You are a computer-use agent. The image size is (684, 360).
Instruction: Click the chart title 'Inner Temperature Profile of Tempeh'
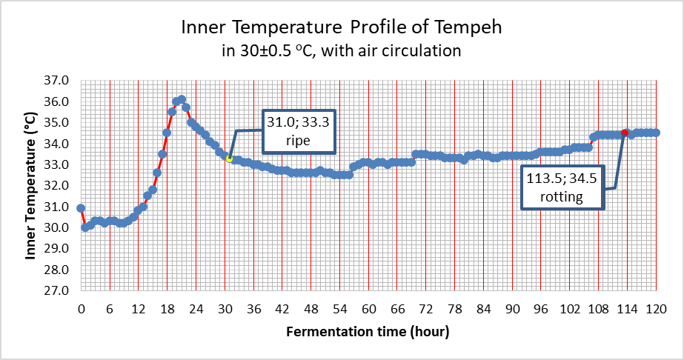pyautogui.click(x=342, y=28)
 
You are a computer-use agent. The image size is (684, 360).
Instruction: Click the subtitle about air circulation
pyautogui.click(x=342, y=50)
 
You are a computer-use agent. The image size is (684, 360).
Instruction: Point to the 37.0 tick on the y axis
pyautogui.click(x=58, y=80)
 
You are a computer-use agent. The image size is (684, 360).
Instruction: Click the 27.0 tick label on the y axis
pyautogui.click(x=58, y=290)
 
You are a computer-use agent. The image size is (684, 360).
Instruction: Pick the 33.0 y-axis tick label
pyautogui.click(x=58, y=164)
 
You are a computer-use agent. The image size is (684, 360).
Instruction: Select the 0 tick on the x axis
pyautogui.click(x=81, y=308)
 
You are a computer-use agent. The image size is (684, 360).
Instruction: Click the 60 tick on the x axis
pyautogui.click(x=368, y=308)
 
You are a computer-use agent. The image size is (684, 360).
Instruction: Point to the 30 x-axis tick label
pyautogui.click(x=225, y=308)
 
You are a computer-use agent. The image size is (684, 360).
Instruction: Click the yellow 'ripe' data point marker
pyautogui.click(x=229, y=159)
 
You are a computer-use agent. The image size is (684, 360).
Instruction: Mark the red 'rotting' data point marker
pyautogui.click(x=625, y=133)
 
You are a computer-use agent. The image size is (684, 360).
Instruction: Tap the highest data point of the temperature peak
pyautogui.click(x=182, y=99)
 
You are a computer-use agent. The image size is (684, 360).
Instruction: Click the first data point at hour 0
pyautogui.click(x=81, y=208)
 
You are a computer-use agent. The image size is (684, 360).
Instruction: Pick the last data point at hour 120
pyautogui.click(x=656, y=133)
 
